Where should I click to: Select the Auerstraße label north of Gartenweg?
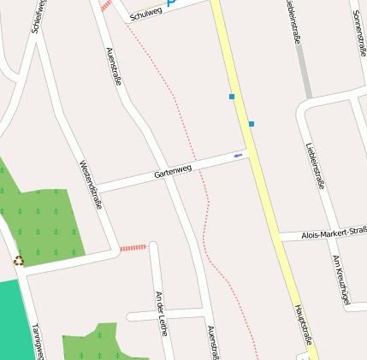[112, 66]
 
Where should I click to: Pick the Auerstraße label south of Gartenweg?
[214, 344]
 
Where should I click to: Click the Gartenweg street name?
[172, 172]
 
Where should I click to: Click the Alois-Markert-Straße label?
[334, 233]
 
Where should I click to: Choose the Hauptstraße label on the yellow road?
[305, 326]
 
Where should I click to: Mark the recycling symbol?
[19, 260]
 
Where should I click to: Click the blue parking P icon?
[170, 3]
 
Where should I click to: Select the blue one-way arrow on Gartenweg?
[238, 155]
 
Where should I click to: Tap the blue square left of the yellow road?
[232, 97]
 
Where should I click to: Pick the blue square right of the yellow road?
[252, 124]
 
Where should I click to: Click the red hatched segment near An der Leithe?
[133, 248]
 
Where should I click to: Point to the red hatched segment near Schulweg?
[106, 5]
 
